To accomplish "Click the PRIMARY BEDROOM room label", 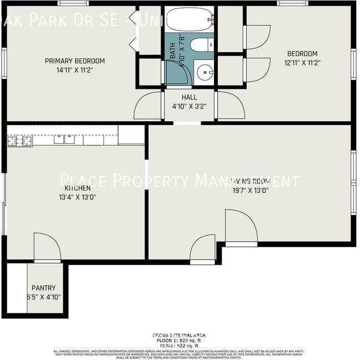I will click(x=74, y=61).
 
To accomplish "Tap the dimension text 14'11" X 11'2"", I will click(x=74, y=71).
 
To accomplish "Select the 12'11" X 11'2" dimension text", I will click(x=302, y=63).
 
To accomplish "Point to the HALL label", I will click(x=189, y=97).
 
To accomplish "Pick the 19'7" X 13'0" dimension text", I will click(x=250, y=190).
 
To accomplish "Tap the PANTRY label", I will click(x=43, y=288).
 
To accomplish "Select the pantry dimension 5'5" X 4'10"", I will click(x=43, y=297).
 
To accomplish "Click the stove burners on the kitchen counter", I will click(x=19, y=140).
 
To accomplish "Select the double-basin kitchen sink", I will click(x=64, y=139).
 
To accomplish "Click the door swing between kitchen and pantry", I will click(x=47, y=247).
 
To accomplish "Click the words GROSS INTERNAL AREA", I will click(x=179, y=336).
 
